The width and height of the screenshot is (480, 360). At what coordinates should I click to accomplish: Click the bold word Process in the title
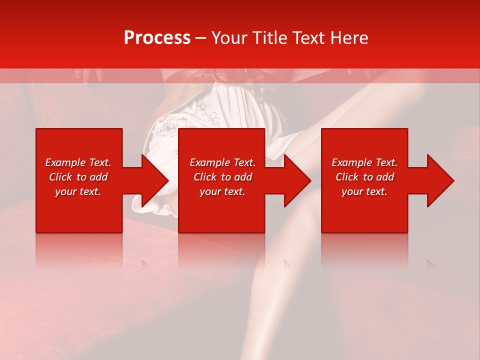pyautogui.click(x=157, y=38)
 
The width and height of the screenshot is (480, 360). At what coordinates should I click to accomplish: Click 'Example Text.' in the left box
pyautogui.click(x=78, y=162)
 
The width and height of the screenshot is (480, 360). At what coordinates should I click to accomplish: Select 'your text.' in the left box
pyautogui.click(x=78, y=191)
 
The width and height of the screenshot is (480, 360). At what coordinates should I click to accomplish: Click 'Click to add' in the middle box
pyautogui.click(x=222, y=177)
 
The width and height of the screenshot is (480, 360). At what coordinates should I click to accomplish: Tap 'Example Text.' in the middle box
pyautogui.click(x=222, y=162)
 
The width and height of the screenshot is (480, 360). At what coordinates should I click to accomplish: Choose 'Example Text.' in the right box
pyautogui.click(x=364, y=162)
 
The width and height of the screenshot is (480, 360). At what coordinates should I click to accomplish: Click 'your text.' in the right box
pyautogui.click(x=364, y=191)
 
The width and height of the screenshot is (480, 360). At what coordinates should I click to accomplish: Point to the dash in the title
pyautogui.click(x=200, y=38)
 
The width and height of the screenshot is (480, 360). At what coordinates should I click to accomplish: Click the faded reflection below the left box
pyautogui.click(x=78, y=250)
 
